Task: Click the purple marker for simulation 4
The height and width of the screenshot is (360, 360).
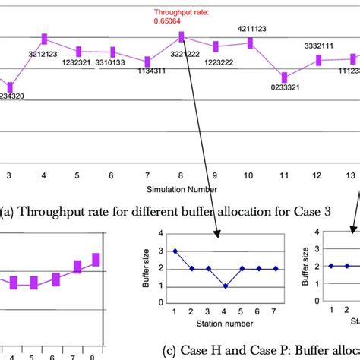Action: pos(44,39)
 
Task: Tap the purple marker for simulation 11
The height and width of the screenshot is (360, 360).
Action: pos(284,77)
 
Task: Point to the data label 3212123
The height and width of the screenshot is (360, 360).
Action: pos(44,54)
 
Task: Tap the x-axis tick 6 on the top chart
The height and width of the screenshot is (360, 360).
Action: pos(112,175)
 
